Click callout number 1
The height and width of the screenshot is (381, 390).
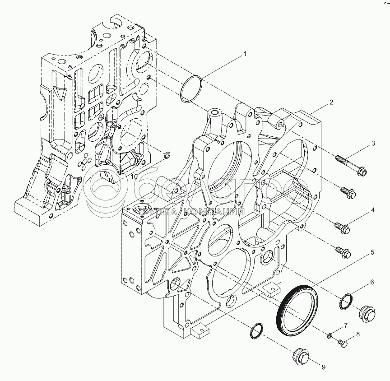[x=246, y=54]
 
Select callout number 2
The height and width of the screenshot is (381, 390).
[x=331, y=102]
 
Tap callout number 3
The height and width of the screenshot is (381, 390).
[x=373, y=144]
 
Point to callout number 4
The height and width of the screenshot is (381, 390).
[x=373, y=210]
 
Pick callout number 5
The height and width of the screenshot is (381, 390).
[x=373, y=252]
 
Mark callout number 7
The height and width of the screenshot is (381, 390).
[x=345, y=325]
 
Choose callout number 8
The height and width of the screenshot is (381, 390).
[x=358, y=334]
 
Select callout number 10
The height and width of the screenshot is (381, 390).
[x=134, y=177]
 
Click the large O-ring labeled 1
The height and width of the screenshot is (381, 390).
[x=190, y=89]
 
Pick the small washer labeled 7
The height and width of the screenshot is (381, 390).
[x=330, y=335]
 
